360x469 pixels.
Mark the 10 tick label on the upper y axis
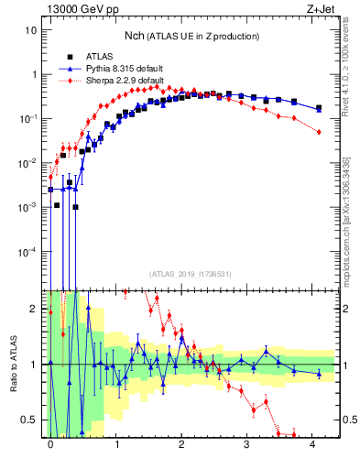(30, 30)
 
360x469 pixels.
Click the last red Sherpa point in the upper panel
(319, 133)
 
